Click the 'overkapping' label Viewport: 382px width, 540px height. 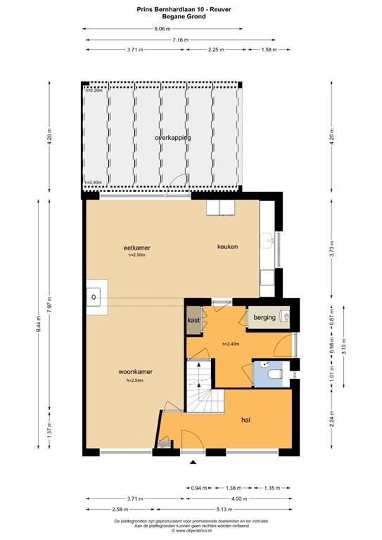tap(173, 138)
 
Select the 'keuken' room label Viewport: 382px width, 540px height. tap(227, 247)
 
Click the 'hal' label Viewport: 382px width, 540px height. tap(246, 420)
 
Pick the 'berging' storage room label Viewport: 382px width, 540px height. tap(265, 319)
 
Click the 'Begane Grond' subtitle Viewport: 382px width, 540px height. tap(191, 15)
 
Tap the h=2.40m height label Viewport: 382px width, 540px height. tap(231, 344)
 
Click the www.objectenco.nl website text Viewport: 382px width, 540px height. tap(191, 531)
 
